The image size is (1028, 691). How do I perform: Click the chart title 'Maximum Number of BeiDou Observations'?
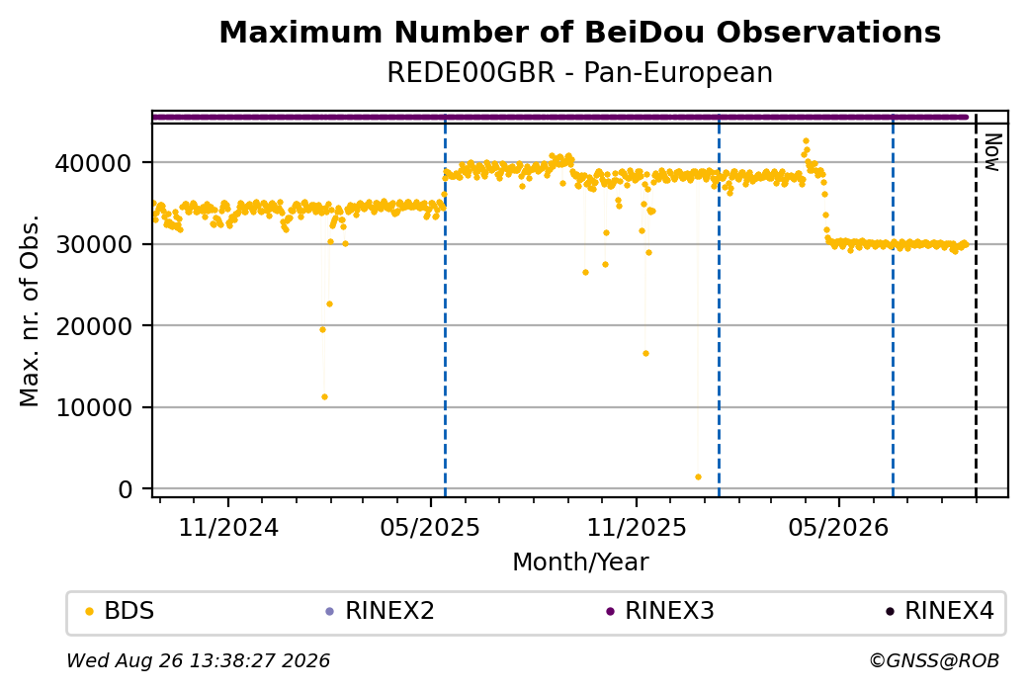tap(579, 32)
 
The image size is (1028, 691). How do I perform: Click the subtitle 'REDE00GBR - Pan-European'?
tap(579, 72)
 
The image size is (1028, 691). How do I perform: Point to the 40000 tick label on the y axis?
tap(94, 163)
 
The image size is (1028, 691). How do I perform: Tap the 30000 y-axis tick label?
tap(94, 244)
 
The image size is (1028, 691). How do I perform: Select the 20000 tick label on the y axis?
tap(94, 326)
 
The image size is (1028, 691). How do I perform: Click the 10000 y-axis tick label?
tap(94, 408)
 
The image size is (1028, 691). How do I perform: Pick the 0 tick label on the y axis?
tap(126, 489)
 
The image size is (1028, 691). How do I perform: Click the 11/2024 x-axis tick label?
tap(228, 527)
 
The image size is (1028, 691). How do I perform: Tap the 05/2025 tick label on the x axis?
tap(430, 527)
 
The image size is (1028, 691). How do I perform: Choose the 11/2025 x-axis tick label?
tap(636, 527)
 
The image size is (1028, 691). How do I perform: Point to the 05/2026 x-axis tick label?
tap(838, 527)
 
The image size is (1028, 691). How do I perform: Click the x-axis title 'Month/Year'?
tap(580, 561)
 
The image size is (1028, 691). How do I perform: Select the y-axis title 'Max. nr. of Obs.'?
tap(30, 310)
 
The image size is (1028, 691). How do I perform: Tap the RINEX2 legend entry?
tap(381, 610)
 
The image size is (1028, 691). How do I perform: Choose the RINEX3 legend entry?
tap(660, 610)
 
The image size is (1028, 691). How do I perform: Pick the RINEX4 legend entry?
tap(940, 610)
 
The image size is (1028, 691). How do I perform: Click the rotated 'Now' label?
tap(993, 153)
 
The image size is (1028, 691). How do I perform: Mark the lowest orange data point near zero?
tap(698, 477)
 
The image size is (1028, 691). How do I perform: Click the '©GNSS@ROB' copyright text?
tap(934, 660)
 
